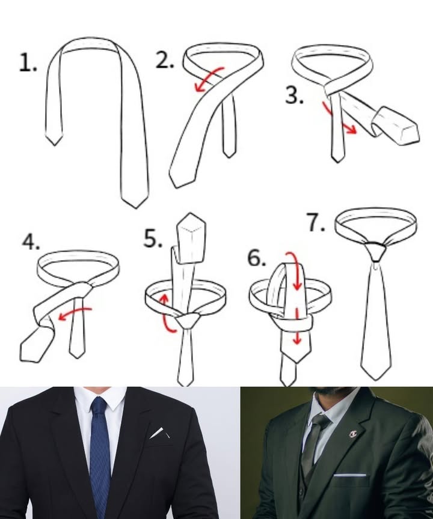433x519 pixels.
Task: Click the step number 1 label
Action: click(27, 62)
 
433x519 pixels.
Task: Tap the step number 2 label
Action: click(164, 60)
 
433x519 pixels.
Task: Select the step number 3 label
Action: click(294, 96)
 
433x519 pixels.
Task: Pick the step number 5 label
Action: click(153, 238)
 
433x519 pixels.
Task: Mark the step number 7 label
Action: click(316, 222)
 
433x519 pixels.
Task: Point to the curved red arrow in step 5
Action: click(167, 312)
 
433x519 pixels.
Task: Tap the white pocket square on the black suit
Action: click(157, 432)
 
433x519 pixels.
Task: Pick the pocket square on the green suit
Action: click(349, 475)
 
